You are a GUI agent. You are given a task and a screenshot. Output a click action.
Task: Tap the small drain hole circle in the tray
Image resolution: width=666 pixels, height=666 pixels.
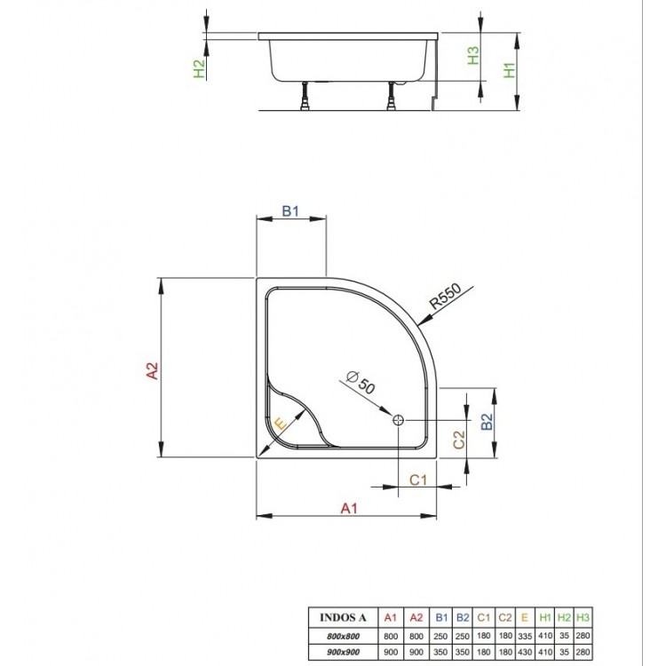[397, 420]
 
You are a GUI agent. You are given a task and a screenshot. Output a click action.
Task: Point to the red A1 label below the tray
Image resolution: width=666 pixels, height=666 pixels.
[349, 508]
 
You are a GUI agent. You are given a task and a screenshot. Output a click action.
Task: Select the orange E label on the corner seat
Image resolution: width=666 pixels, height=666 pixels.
[281, 425]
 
